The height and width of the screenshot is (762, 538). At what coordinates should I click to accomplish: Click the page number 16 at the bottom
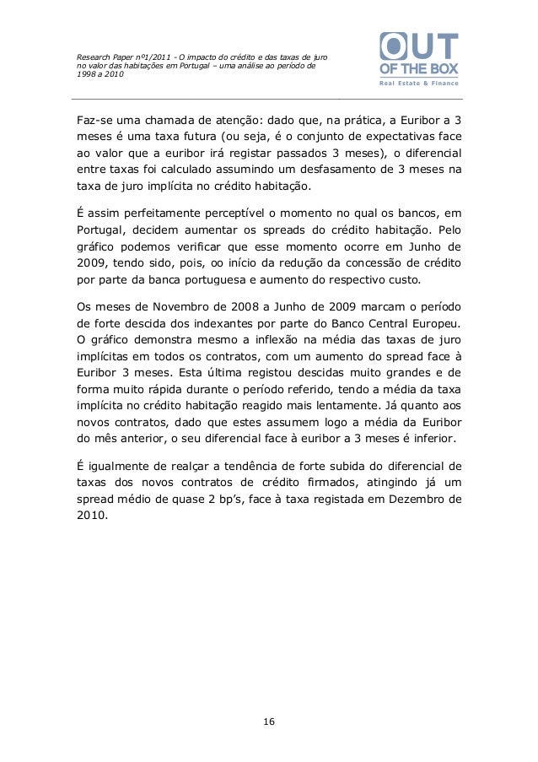(x=269, y=721)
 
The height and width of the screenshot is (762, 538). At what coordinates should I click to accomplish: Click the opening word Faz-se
(x=95, y=120)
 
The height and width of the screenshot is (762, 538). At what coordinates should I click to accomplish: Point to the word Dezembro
(x=413, y=500)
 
